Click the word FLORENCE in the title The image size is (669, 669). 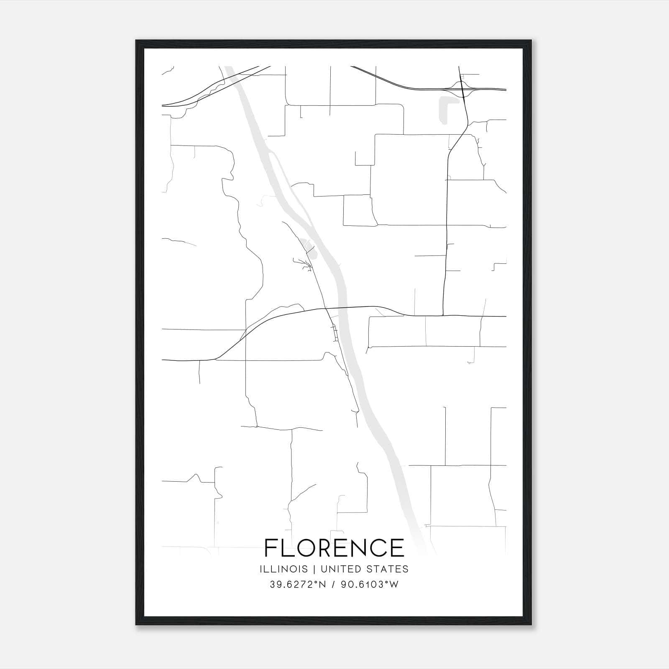334,548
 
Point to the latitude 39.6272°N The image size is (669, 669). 297,585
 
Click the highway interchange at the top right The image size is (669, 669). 462,89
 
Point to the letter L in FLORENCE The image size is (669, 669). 286,548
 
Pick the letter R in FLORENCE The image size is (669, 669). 325,548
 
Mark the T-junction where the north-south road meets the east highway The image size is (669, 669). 443,315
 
